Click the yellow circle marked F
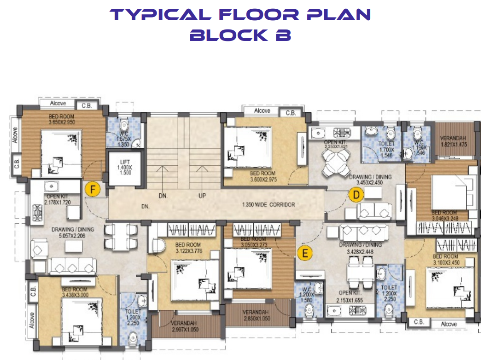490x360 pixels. (x=93, y=189)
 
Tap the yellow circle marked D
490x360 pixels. (x=355, y=196)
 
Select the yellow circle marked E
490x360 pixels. (x=304, y=252)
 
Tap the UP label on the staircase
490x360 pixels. (x=202, y=196)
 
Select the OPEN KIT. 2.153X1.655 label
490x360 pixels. (x=349, y=296)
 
